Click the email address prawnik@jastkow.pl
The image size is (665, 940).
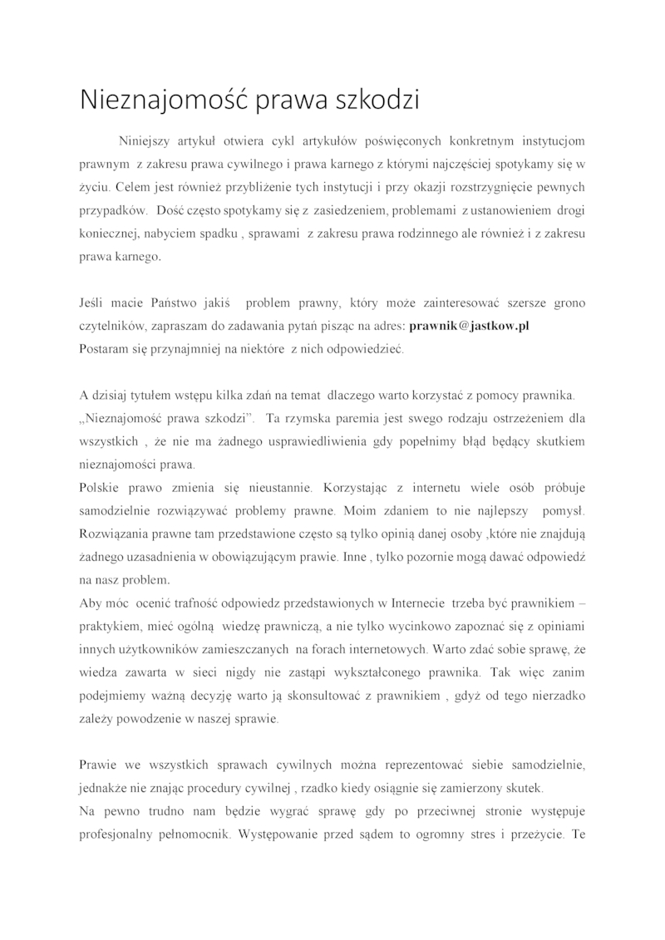(470, 327)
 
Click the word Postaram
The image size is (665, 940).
(103, 349)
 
